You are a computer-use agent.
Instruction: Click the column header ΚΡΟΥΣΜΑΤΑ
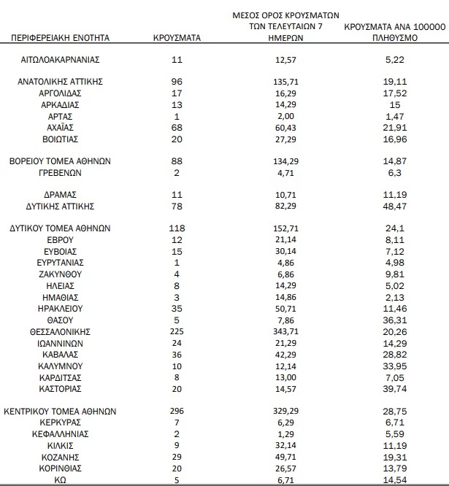click(x=177, y=36)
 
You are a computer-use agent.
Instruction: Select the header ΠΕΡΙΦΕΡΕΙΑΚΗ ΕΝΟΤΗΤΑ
click(x=61, y=36)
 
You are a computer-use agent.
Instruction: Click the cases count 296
click(x=177, y=411)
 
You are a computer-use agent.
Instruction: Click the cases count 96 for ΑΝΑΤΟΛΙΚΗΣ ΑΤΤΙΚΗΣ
click(x=177, y=82)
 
